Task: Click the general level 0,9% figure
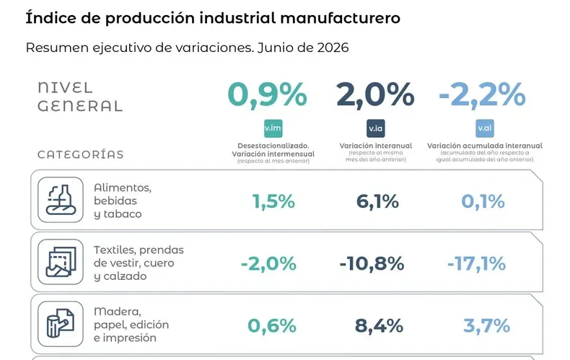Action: (267, 95)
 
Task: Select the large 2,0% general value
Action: (375, 95)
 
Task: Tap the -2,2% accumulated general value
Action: (482, 95)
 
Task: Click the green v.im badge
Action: (273, 128)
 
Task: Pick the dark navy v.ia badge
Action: (375, 128)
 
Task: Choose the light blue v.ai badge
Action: (485, 128)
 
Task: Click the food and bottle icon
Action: (61, 200)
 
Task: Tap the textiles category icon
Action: (61, 262)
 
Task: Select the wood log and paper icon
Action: (61, 324)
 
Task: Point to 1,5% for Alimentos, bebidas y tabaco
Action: (273, 202)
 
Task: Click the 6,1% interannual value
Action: (377, 202)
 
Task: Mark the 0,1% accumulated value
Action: (483, 202)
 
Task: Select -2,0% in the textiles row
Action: (268, 264)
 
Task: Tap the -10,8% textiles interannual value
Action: (372, 264)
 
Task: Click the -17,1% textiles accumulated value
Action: (476, 264)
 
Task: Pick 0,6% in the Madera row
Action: (272, 326)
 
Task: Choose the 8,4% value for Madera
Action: (379, 326)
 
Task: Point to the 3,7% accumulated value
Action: (486, 326)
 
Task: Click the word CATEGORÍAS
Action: (81, 154)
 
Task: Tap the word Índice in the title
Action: (51, 18)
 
